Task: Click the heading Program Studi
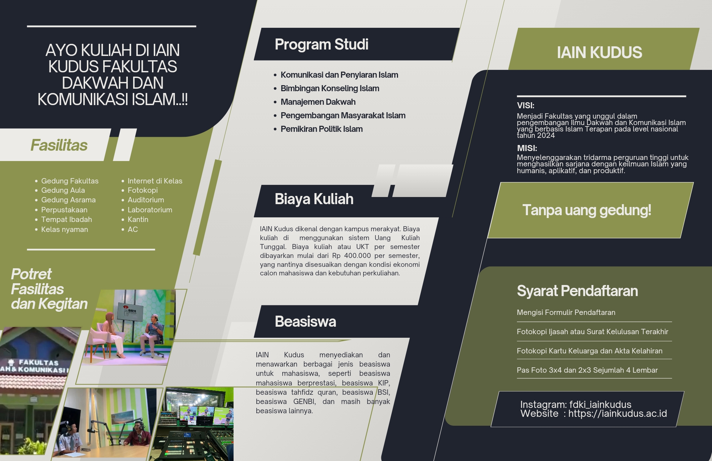[321, 45]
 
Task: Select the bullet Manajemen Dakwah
[318, 102]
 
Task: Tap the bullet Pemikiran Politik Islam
[321, 129]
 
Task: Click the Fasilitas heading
[59, 145]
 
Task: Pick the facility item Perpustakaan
[64, 210]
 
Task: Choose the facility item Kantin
[138, 219]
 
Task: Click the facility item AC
[132, 229]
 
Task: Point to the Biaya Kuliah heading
[314, 199]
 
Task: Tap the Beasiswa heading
[305, 321]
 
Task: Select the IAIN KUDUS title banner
[600, 52]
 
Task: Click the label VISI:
[525, 105]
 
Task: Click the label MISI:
[527, 148]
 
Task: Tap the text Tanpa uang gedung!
[587, 210]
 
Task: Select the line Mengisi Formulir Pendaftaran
[566, 312]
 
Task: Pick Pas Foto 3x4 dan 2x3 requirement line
[587, 370]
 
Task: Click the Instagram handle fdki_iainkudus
[600, 404]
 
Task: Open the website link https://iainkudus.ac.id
[617, 414]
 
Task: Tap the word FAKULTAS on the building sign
[38, 362]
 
